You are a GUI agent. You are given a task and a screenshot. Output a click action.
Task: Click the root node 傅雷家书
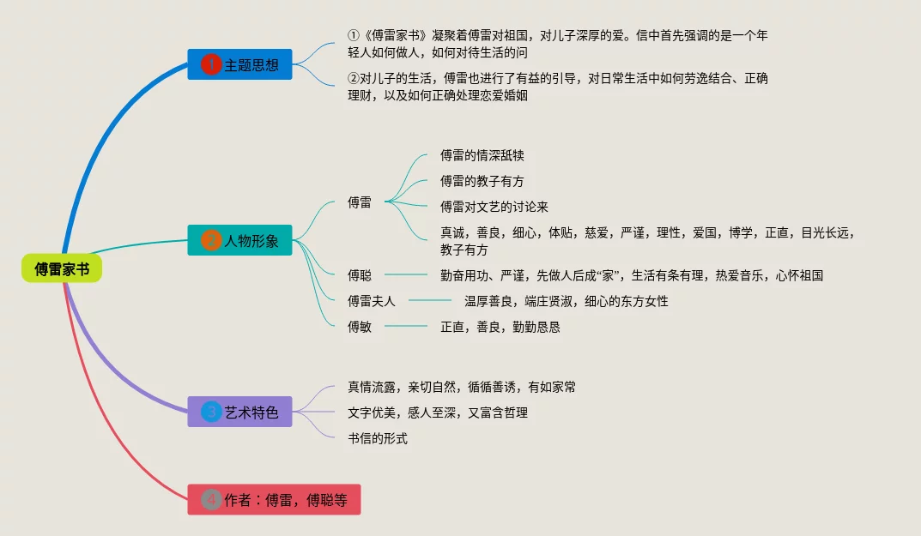tap(62, 269)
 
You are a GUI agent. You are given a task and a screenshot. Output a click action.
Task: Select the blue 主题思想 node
tap(239, 64)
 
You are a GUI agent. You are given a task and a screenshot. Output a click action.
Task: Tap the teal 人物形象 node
tap(239, 240)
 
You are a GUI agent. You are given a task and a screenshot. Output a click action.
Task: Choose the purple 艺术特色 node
tap(239, 412)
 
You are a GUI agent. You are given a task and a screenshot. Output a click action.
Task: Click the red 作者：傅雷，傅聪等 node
tap(274, 500)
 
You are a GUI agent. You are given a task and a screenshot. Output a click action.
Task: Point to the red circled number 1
tap(211, 64)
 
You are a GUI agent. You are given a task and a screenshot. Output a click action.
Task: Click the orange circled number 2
tap(211, 240)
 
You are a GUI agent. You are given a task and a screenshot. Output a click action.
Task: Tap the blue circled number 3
tap(211, 412)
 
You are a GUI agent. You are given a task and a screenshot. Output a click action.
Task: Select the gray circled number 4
tap(211, 500)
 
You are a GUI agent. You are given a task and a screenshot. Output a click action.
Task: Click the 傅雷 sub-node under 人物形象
tap(360, 202)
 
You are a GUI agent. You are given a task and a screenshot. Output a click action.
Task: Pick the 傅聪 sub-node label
tap(360, 275)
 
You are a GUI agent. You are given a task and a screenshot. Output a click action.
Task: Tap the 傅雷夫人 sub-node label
tap(372, 301)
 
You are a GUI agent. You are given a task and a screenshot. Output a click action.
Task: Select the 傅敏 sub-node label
tap(360, 327)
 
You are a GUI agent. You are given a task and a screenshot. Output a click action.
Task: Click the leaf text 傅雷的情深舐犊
tap(482, 155)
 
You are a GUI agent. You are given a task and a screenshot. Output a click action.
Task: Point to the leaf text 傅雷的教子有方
tap(482, 181)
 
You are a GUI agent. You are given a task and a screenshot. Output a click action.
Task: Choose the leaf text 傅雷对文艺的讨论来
tap(494, 207)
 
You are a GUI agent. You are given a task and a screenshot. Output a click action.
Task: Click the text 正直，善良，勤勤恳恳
tap(500, 327)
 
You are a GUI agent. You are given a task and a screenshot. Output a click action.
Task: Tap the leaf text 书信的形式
tap(377, 438)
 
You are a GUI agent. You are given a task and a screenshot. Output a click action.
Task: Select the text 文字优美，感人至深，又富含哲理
tap(437, 413)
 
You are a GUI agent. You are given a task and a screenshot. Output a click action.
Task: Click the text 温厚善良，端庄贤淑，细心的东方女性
tap(566, 301)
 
